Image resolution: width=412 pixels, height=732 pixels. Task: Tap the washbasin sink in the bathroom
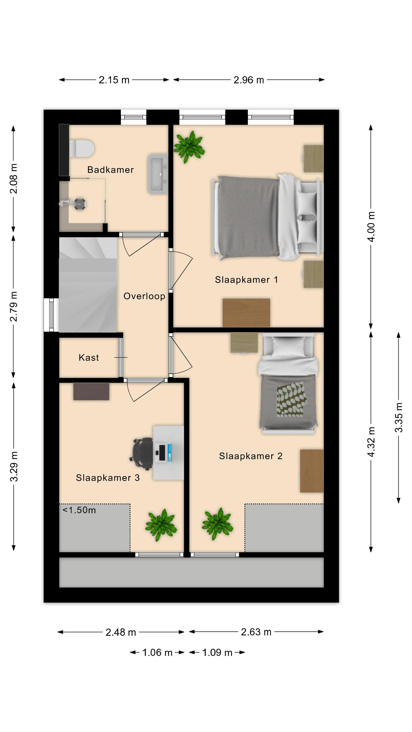click(157, 174)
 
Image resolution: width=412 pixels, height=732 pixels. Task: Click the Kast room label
click(89, 357)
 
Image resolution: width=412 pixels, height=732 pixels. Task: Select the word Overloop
click(144, 296)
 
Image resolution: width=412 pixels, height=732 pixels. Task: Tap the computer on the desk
click(164, 452)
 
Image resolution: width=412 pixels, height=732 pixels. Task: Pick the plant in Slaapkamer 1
click(189, 147)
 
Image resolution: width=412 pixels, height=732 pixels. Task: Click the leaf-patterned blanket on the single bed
click(291, 399)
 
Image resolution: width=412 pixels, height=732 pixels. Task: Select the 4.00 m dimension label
click(371, 226)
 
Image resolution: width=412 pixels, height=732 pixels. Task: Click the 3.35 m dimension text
click(399, 417)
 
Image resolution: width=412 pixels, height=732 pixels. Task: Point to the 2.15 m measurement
click(114, 80)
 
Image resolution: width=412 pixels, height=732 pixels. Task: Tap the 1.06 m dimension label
click(157, 652)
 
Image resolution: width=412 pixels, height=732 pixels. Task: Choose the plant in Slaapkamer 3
click(161, 525)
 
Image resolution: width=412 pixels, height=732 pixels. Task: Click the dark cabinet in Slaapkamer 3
click(91, 392)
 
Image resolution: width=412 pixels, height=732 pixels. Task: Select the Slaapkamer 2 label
click(250, 456)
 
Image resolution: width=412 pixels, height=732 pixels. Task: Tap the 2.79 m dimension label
click(14, 306)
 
